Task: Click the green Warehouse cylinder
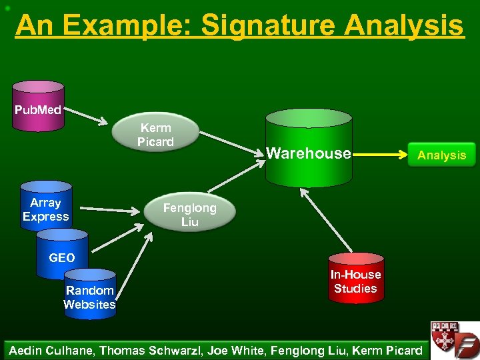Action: pos(308,151)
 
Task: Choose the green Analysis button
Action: pos(441,155)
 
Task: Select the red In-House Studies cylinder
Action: pos(355,280)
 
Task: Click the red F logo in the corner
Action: pos(465,340)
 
